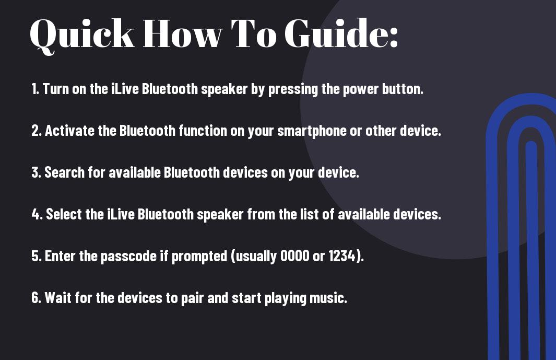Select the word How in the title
coord(183,33)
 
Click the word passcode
coord(129,257)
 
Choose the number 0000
coord(294,256)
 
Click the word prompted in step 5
coord(199,257)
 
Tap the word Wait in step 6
coord(58,297)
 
